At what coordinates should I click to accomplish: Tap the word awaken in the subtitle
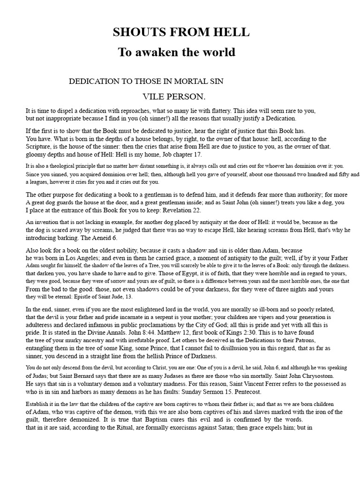[x=157, y=52]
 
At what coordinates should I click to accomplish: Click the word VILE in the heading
[x=152, y=97]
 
